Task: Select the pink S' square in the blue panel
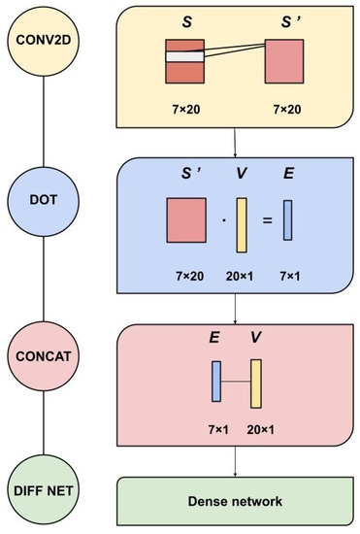(186, 219)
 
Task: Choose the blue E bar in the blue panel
(288, 219)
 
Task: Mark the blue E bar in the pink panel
(217, 381)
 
